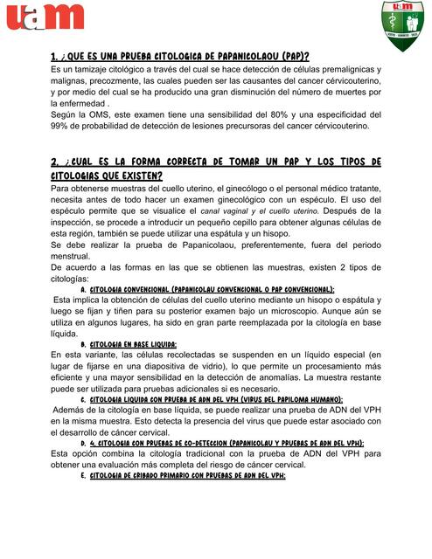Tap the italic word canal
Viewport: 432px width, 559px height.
pos(213,210)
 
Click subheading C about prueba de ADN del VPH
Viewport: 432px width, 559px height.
pos(219,399)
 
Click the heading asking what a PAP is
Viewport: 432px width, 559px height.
pos(179,56)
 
